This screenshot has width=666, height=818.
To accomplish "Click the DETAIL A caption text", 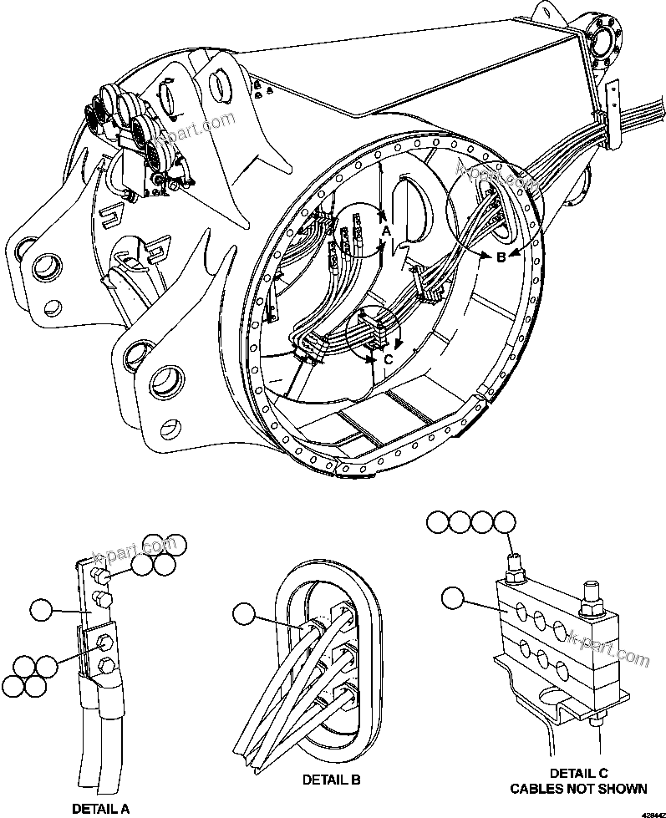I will coord(100,808).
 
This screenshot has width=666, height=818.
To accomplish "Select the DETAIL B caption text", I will coord(332,780).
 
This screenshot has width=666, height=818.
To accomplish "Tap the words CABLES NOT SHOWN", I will coord(577,788).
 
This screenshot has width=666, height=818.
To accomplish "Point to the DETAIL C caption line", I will coord(577,773).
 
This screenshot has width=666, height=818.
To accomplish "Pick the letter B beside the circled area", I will coord(501,257).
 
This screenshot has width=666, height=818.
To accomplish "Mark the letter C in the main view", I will coord(388,359).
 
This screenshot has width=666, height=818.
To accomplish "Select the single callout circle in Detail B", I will coord(246,614).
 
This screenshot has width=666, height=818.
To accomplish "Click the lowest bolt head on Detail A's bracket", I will coord(105,665).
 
